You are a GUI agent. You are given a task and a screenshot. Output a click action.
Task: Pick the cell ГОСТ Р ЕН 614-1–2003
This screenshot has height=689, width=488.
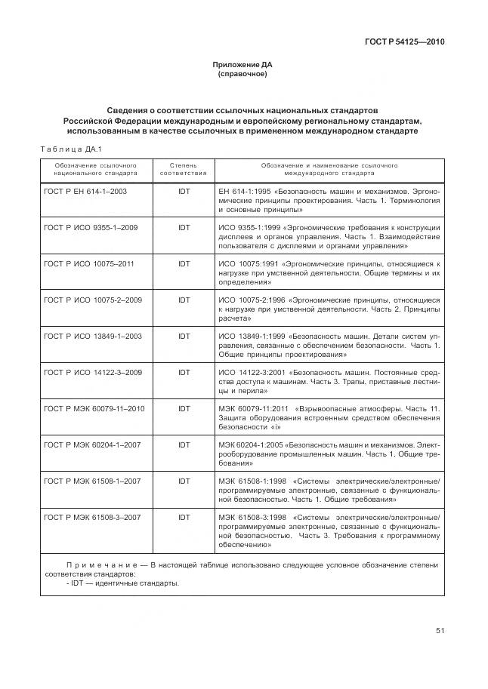tap(85, 192)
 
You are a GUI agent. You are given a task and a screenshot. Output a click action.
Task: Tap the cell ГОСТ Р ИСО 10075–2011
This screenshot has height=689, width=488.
tap(88, 264)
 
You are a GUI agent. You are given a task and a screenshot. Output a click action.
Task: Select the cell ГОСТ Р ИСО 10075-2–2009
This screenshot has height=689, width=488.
tap(92, 300)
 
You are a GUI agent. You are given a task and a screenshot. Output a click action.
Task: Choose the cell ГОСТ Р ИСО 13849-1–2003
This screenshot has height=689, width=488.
tap(92, 337)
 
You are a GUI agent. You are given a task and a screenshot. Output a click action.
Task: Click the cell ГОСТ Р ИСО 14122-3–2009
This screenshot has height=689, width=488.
tap(92, 373)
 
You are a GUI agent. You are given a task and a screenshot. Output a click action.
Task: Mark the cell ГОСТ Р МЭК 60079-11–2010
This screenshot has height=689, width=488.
tap(94, 409)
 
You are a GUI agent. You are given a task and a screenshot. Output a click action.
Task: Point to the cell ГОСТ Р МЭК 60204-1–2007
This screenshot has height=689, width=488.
tap(92, 445)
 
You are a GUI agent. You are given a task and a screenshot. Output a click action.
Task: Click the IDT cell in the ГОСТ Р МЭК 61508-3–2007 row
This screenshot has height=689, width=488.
tap(184, 518)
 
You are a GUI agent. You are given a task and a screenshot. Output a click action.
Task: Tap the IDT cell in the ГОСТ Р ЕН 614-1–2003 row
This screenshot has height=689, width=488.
tap(184, 192)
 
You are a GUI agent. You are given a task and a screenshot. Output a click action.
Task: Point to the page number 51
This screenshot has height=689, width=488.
tap(440, 632)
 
